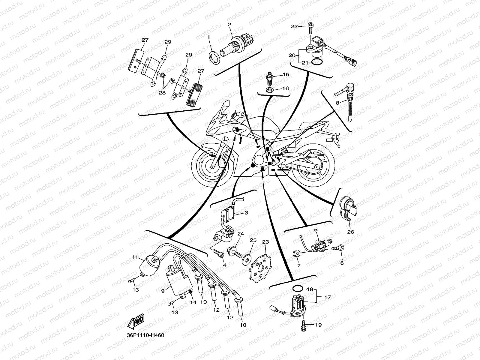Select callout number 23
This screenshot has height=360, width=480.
pyautogui.click(x=266, y=242)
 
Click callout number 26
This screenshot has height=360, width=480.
pyautogui.click(x=350, y=232)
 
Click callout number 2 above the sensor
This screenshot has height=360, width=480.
pyautogui.click(x=229, y=25)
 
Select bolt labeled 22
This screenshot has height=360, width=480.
pyautogui.click(x=310, y=31)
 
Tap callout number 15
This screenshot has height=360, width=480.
pyautogui.click(x=286, y=74)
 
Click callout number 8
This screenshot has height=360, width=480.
pyautogui.click(x=337, y=103)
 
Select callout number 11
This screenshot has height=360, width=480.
pyautogui.click(x=135, y=257)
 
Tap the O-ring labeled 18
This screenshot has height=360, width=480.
pyautogui.click(x=297, y=289)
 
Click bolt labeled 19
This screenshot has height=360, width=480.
pyautogui.click(x=303, y=325)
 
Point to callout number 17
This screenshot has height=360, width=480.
pyautogui.click(x=328, y=297)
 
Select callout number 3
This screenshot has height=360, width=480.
pyautogui.click(x=246, y=213)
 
